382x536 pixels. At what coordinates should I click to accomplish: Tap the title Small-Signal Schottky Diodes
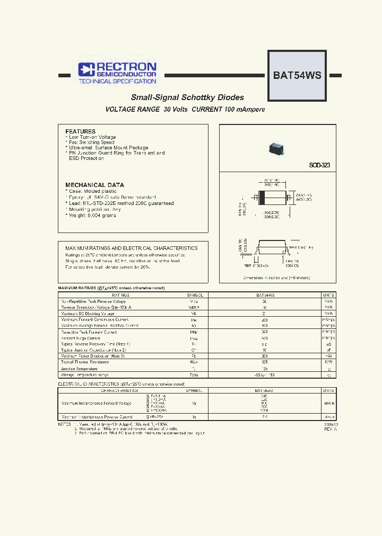(187, 97)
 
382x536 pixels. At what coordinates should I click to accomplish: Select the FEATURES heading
(80, 131)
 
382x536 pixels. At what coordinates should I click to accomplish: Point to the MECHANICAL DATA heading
(94, 185)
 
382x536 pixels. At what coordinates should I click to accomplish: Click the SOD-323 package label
(319, 165)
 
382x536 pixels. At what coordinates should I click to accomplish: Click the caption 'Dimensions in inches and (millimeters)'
(276, 278)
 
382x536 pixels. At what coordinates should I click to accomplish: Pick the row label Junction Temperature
(80, 368)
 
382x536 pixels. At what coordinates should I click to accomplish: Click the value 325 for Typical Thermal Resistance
(265, 362)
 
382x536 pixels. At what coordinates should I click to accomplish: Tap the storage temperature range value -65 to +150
(265, 374)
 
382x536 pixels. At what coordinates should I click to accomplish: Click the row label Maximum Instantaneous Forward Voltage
(96, 403)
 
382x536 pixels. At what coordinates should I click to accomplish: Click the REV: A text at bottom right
(329, 429)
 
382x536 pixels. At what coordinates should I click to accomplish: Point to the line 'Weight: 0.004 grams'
(90, 216)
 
